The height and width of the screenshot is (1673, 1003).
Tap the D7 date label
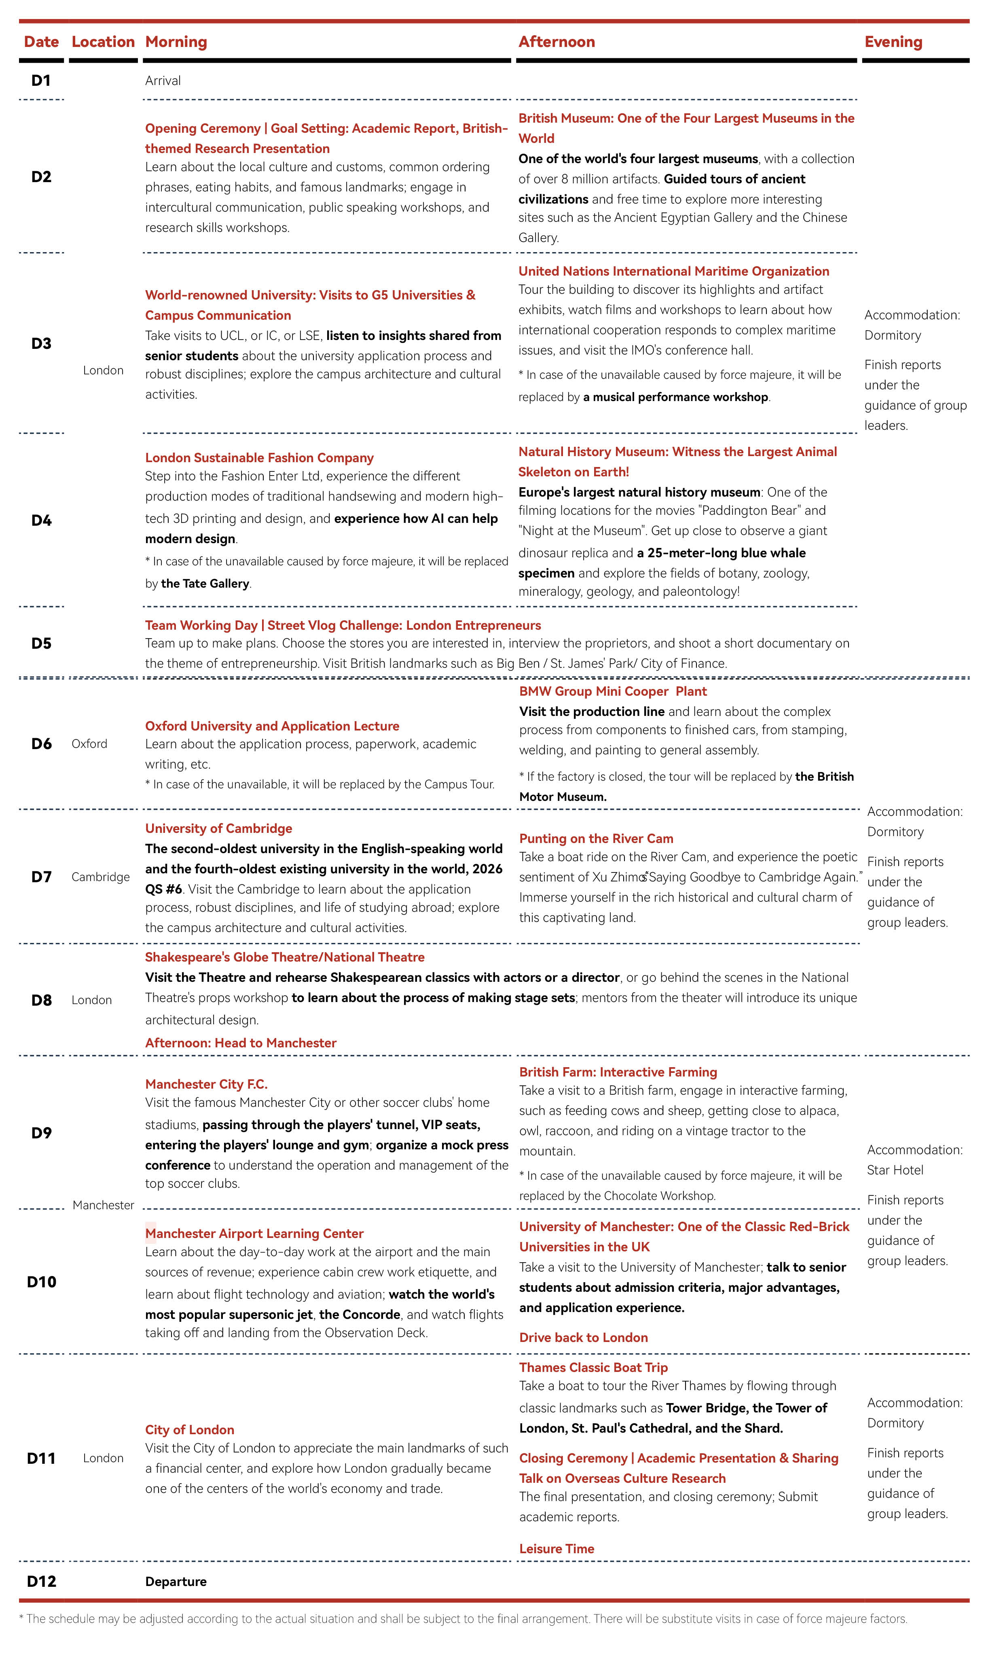[41, 877]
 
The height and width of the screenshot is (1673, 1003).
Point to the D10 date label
[41, 1282]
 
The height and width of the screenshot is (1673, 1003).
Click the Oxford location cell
[89, 744]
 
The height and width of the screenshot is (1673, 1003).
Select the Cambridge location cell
[101, 877]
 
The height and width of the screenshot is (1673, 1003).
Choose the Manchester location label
[104, 1205]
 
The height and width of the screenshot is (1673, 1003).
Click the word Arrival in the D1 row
[163, 81]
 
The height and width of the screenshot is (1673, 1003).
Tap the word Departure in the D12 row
[176, 1582]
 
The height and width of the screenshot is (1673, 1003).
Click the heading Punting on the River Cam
[596, 839]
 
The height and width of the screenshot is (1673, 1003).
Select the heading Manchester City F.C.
[206, 1084]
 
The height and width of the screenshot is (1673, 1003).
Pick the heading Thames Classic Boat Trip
[593, 1367]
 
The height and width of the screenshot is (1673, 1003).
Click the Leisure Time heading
[556, 1549]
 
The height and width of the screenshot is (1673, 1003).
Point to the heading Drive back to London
[583, 1338]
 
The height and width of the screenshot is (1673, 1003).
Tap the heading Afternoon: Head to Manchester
[241, 1043]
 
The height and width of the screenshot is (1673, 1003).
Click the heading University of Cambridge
[218, 828]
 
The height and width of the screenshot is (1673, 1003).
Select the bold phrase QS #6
[163, 889]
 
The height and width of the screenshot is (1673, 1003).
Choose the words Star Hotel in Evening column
[895, 1170]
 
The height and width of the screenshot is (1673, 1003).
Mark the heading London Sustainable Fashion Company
[259, 458]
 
